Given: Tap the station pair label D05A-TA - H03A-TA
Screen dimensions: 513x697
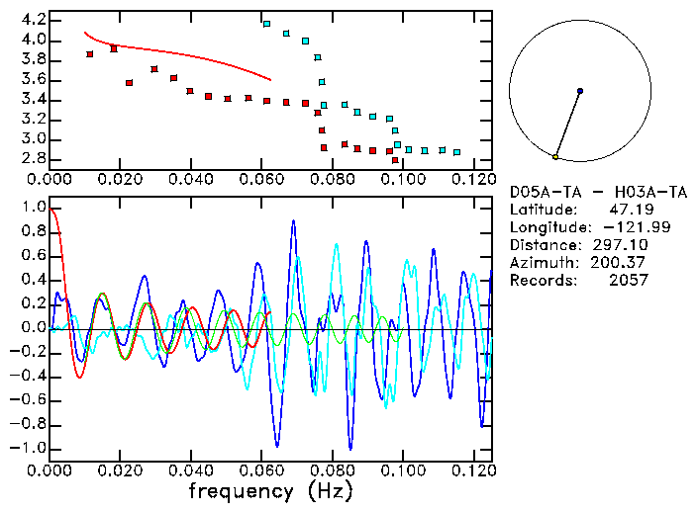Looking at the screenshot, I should pos(579,192).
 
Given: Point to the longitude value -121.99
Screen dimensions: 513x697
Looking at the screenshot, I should pos(620,227).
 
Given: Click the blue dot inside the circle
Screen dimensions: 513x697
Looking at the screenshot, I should pos(580,91).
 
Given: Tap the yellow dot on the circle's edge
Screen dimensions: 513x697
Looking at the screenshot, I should pos(556,156).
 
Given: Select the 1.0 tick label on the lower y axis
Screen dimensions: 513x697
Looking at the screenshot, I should pos(32,208).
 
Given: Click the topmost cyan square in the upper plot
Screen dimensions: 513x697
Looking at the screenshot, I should pos(266,23).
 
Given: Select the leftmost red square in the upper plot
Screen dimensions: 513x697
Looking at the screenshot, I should pos(90,54).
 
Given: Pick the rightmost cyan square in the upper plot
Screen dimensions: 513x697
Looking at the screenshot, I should pos(456,152).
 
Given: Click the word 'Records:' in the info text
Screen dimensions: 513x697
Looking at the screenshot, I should pos(541,281).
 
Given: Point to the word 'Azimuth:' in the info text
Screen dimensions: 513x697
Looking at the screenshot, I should pos(541,263).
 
